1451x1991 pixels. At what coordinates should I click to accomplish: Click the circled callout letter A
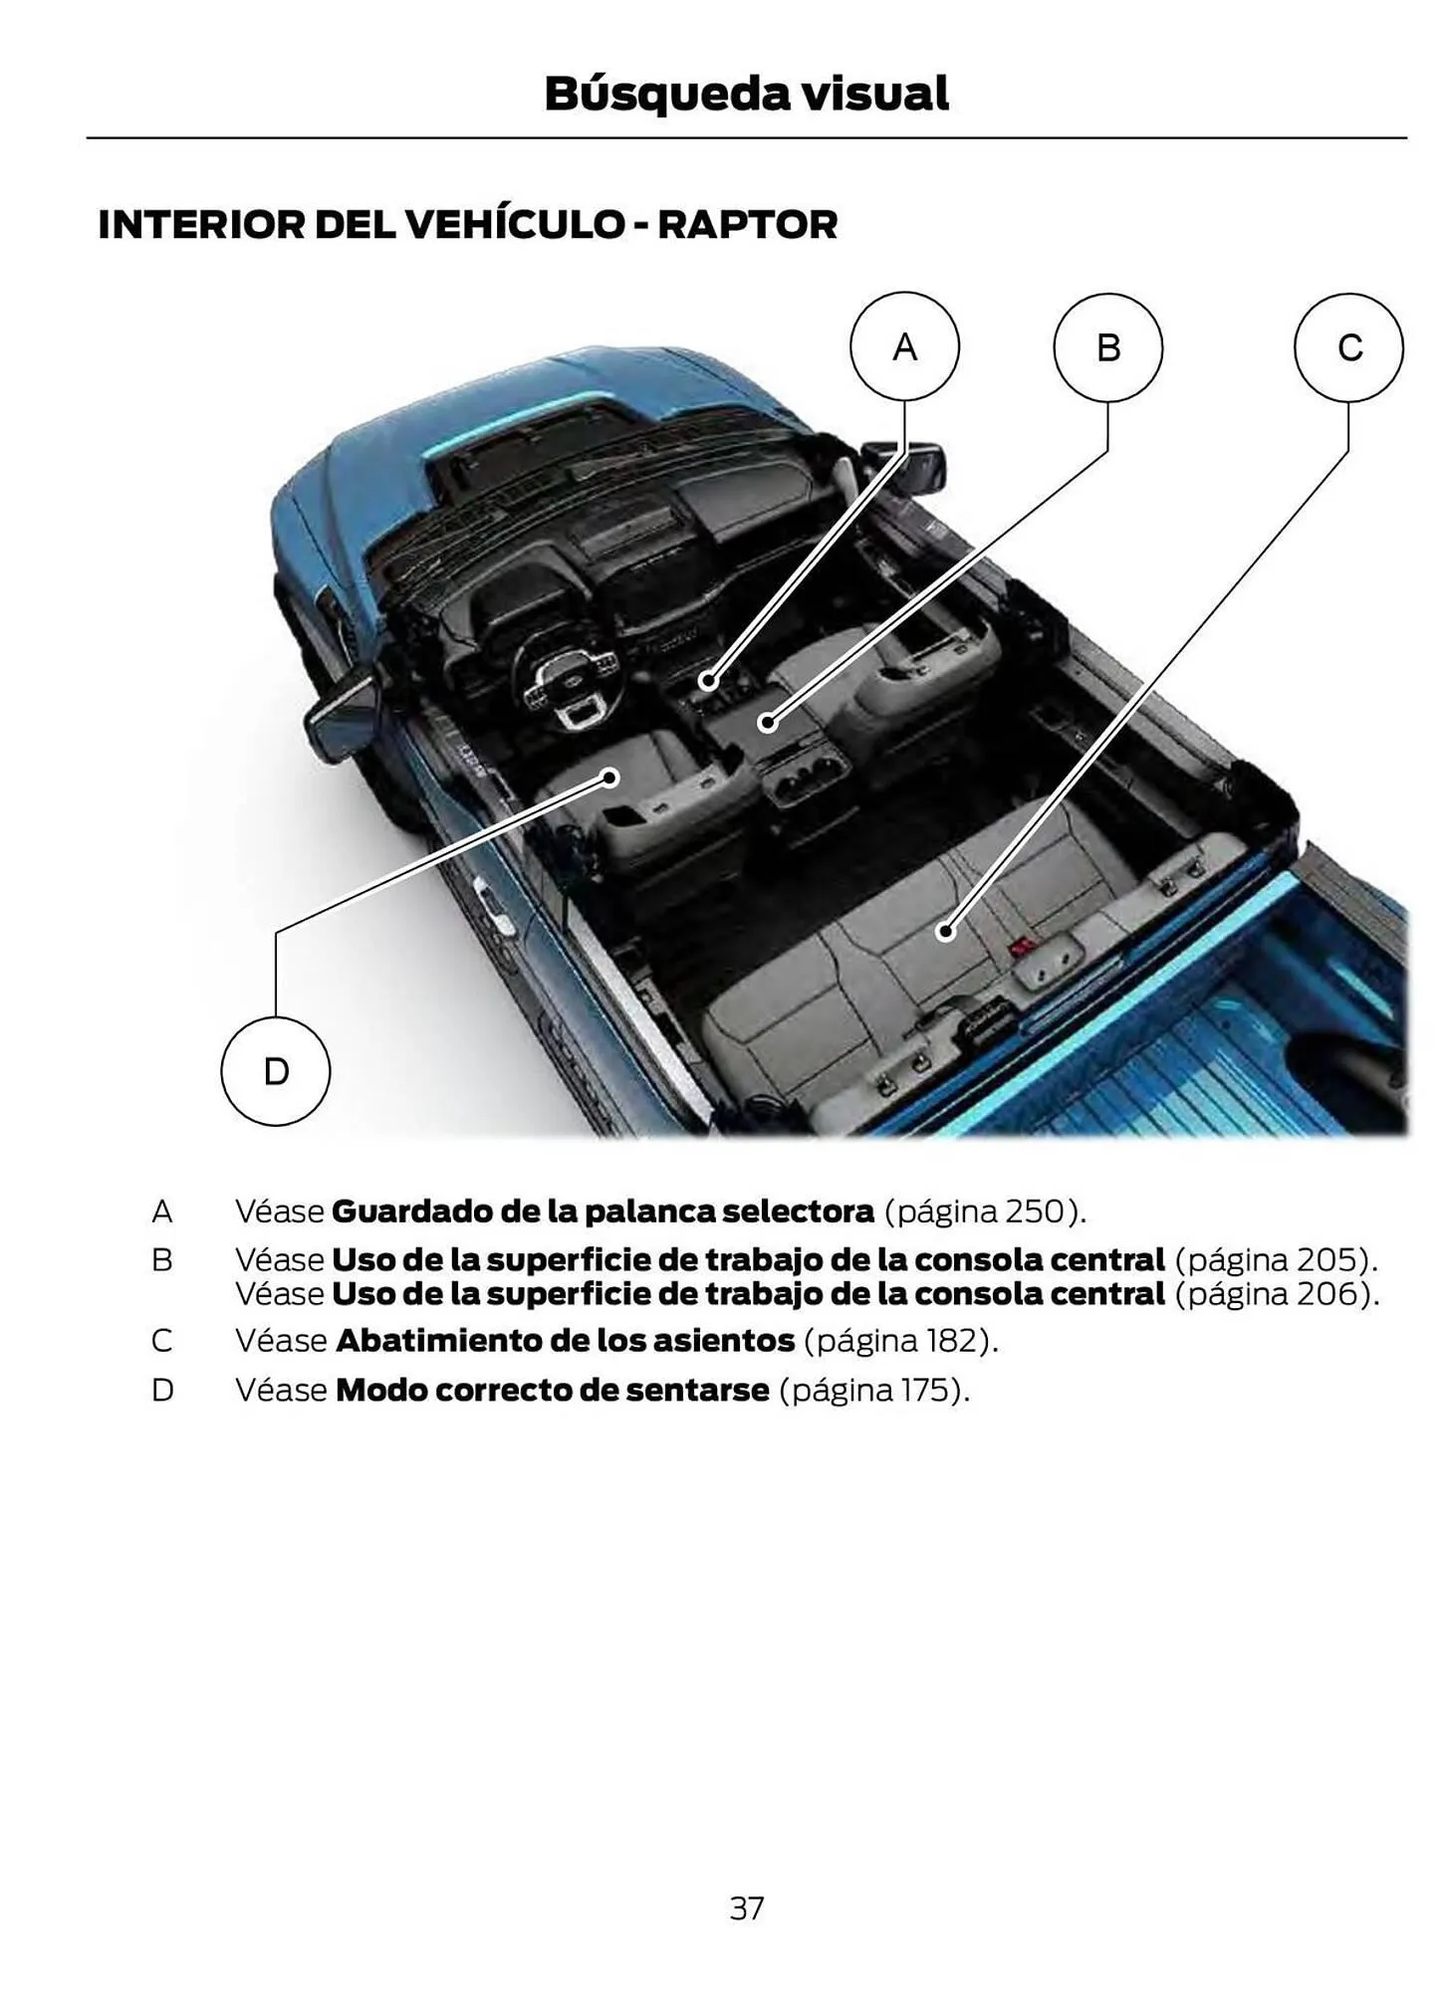903,346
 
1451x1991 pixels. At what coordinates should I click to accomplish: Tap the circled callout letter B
1107,347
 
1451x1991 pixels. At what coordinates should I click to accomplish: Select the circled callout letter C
1347,347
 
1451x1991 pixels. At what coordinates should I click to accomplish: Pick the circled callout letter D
275,1071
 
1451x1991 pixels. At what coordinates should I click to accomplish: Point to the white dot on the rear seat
944,932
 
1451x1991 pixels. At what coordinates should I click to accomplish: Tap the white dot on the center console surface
767,723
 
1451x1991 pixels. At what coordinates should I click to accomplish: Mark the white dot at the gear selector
707,681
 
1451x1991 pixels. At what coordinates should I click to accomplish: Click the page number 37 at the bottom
746,1907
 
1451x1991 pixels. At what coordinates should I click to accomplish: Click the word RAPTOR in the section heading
747,225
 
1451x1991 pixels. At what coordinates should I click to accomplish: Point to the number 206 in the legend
1328,1294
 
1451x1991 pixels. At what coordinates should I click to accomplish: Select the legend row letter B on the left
161,1260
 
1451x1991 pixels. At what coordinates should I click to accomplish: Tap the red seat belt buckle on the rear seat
1020,949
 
